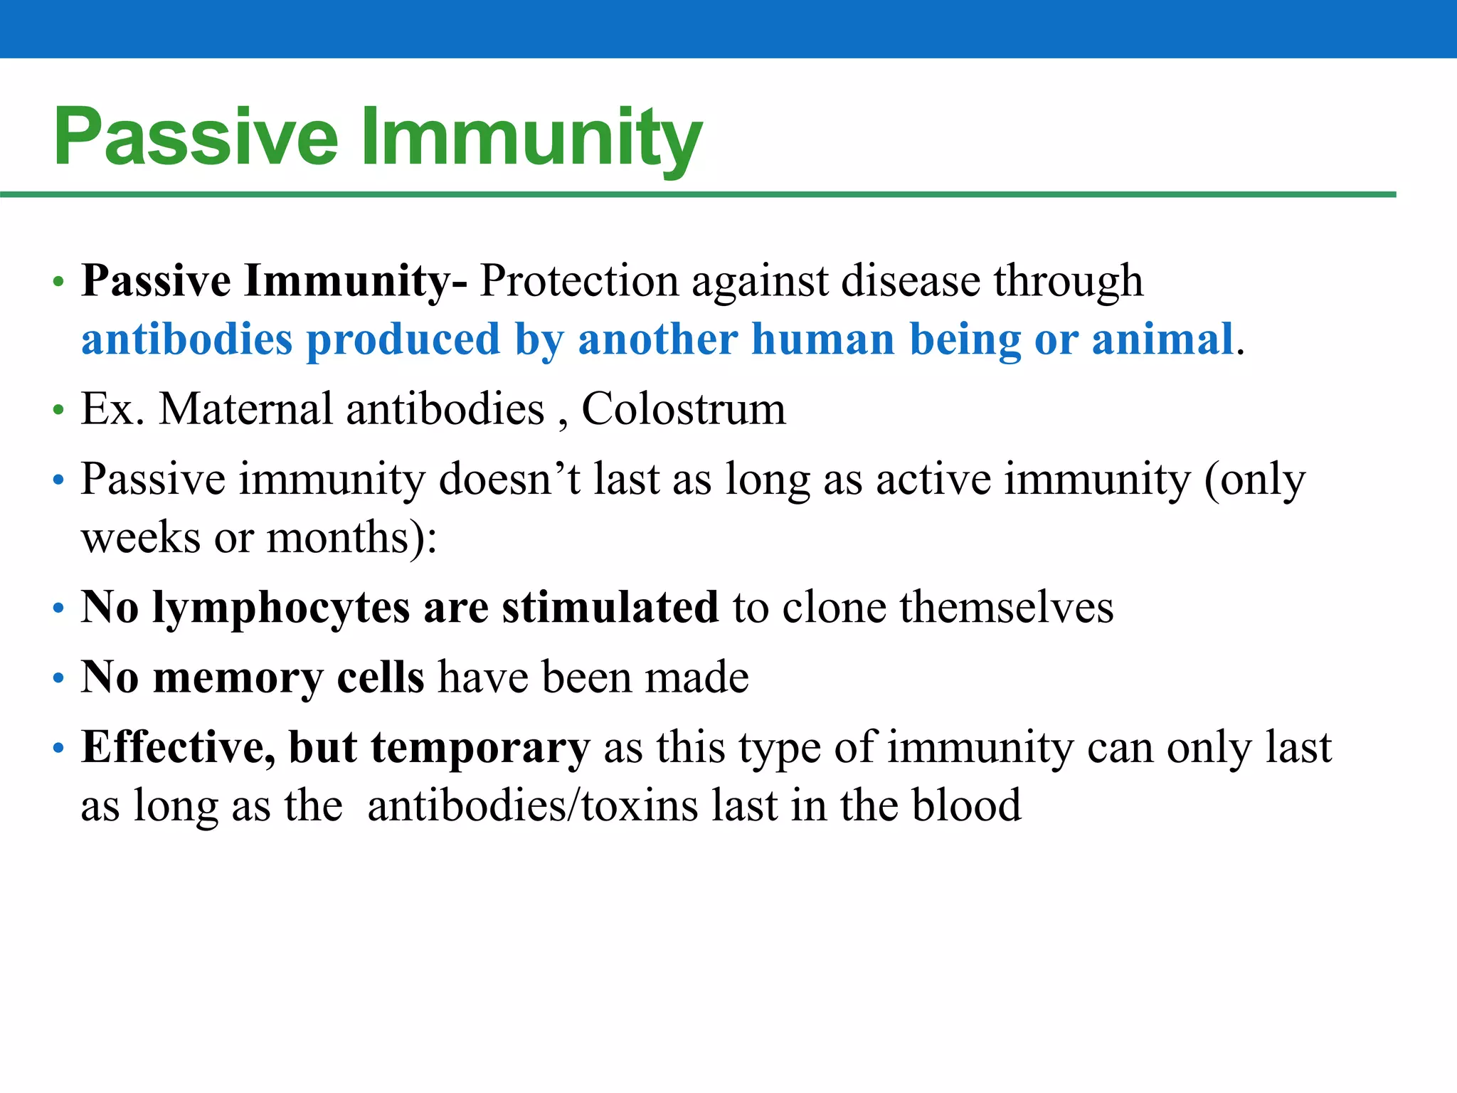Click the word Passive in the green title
(196, 137)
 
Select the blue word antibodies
(186, 339)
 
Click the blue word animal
(1162, 339)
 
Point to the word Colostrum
(684, 409)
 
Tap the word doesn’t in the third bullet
(509, 479)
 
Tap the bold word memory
(238, 677)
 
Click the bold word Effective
(178, 747)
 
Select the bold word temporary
(480, 747)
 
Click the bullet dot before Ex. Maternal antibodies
(58, 411)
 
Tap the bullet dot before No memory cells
(58, 678)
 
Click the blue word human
(823, 339)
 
